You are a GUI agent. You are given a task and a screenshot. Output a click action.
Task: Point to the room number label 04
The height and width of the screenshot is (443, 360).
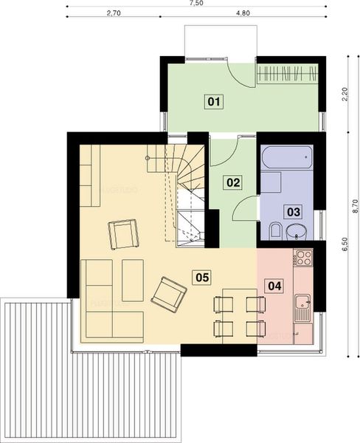(274, 285)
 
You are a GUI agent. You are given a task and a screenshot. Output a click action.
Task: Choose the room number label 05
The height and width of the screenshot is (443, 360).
(201, 277)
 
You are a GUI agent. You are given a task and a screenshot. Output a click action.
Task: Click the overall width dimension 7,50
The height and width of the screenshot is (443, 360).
(197, 4)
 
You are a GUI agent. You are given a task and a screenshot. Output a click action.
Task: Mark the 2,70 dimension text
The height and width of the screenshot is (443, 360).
(113, 13)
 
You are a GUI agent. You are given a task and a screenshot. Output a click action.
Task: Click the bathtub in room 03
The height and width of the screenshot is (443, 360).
(287, 158)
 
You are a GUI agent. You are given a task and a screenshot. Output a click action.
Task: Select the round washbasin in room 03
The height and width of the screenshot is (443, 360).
(295, 230)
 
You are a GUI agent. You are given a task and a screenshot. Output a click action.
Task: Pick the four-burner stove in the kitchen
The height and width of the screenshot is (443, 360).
(303, 259)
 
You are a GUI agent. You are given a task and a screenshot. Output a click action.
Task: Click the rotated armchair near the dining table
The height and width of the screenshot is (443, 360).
(168, 291)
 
